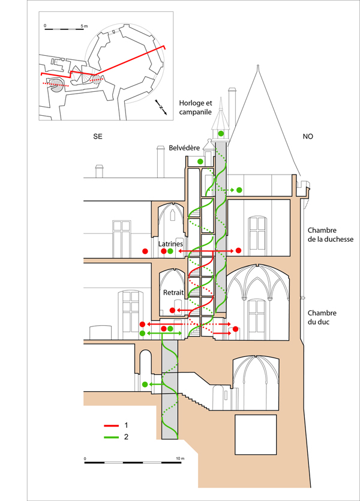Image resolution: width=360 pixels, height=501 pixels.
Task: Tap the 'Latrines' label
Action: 170,244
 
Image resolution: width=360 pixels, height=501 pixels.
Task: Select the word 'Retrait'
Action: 173,292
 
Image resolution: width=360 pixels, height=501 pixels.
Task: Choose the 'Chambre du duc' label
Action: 323,317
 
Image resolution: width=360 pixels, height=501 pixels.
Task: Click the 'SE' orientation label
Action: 97,137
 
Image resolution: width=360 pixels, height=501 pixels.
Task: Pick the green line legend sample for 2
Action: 110,437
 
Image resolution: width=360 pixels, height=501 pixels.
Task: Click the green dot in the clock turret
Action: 221,133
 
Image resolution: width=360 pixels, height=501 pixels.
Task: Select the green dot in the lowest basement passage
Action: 145,384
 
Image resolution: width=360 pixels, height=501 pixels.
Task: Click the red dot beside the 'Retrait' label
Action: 172,310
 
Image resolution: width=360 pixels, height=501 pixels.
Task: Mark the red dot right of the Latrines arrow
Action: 238,250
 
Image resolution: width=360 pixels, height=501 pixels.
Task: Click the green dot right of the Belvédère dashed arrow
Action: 239,190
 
